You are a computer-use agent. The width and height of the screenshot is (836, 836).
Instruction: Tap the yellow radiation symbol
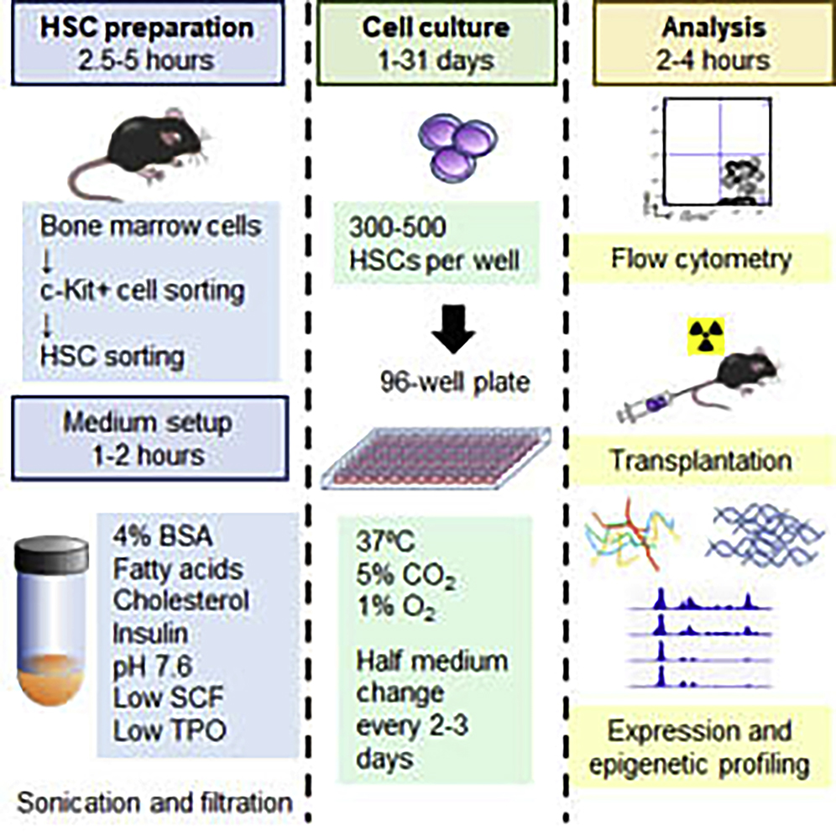[x=703, y=335]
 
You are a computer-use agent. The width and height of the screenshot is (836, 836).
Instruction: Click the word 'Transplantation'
[x=700, y=462]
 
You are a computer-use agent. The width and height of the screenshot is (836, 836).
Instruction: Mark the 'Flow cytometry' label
[x=700, y=259]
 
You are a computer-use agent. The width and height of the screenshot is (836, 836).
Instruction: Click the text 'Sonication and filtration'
[x=154, y=802]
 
